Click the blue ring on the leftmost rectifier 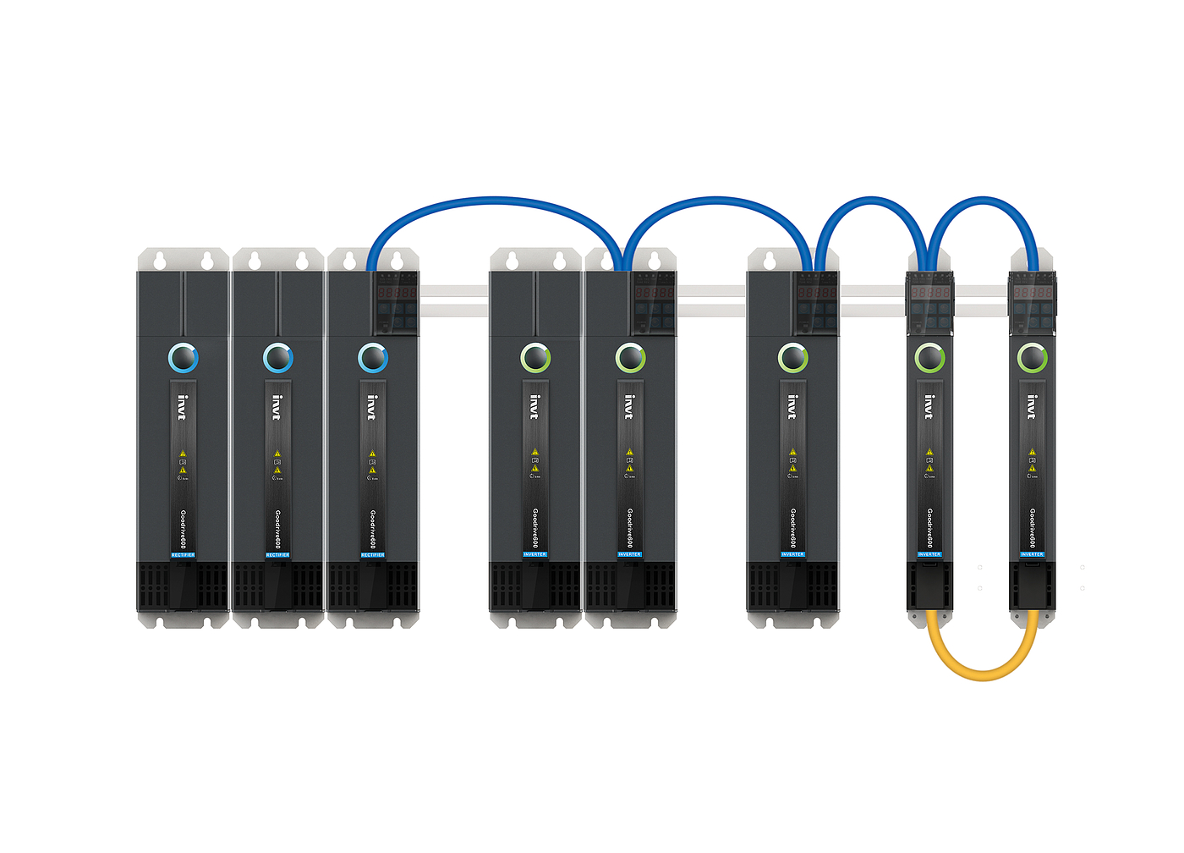pos(184,358)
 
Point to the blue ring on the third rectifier pos(373,358)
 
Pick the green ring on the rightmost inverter pos(1033,358)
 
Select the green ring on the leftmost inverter pos(535,358)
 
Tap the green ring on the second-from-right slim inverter pos(929,358)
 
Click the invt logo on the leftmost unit pos(183,407)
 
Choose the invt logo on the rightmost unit pos(1032,407)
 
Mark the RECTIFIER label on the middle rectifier pos(277,555)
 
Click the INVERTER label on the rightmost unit pos(1032,554)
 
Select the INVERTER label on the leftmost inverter pos(534,554)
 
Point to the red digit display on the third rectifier pos(397,292)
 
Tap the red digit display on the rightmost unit pos(1033,292)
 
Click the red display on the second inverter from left pos(655,292)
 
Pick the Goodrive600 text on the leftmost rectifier pos(184,529)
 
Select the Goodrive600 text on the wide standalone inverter pos(793,529)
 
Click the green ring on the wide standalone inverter pos(792,358)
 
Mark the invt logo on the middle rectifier pos(277,407)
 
